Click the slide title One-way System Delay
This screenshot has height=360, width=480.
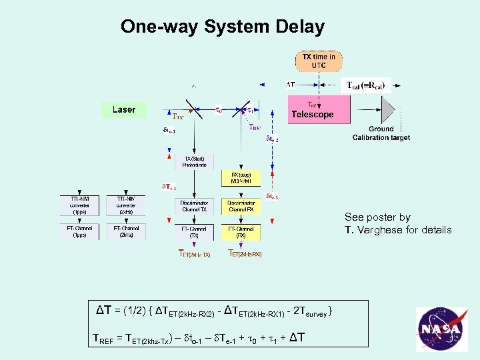click(x=223, y=27)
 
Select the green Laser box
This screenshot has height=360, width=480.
click(x=123, y=109)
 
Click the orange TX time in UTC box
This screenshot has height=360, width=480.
click(x=319, y=61)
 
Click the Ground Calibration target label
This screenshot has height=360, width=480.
click(x=381, y=133)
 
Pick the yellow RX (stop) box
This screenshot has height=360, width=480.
click(x=240, y=178)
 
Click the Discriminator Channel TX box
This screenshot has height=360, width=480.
click(x=193, y=206)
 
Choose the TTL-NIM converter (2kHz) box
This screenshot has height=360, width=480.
click(x=126, y=206)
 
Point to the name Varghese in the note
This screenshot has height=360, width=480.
click(x=381, y=230)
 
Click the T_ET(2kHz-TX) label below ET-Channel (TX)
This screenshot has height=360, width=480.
click(x=194, y=253)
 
